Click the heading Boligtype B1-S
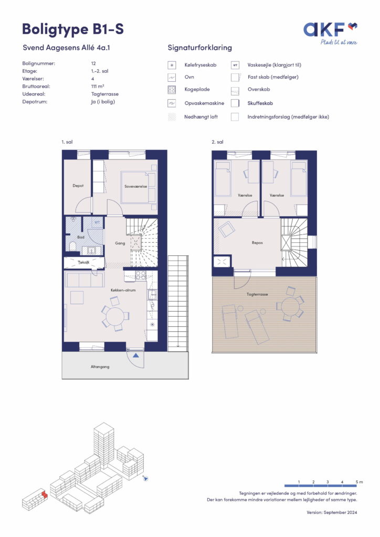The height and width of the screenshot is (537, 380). tap(72, 29)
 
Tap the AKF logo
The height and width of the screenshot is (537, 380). tap(330, 33)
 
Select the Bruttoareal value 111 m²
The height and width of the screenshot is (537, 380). tap(98, 87)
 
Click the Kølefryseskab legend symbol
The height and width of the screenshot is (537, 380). tap(172, 65)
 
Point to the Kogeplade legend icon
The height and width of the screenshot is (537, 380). tap(172, 90)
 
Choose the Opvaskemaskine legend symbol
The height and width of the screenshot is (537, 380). tap(172, 103)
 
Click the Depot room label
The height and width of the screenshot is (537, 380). tap(78, 186)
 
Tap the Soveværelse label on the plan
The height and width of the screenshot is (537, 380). tap(136, 187)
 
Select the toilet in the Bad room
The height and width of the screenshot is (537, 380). tap(72, 246)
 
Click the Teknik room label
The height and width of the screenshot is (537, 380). tap(83, 262)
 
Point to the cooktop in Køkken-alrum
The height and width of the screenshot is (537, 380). tap(141, 275)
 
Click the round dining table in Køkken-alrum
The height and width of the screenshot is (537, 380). tap(115, 316)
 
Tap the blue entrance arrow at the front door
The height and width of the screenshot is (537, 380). tap(136, 356)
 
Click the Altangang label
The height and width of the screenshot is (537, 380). tap(100, 367)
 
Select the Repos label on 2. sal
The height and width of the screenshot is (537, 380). tap(257, 243)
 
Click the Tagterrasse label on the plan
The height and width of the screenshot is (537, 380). tap(257, 294)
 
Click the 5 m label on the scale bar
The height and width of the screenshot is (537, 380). tap(359, 482)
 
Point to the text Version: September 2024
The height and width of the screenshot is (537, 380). tap(332, 513)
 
